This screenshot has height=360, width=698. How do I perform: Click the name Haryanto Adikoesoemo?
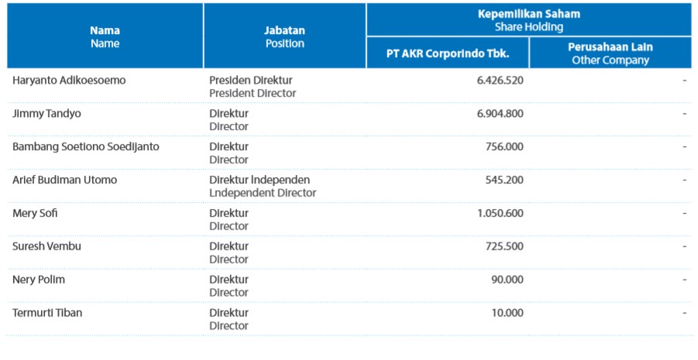(x=69, y=81)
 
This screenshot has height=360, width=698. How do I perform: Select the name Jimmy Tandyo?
(x=46, y=114)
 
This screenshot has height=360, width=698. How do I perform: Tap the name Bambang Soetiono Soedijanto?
(x=86, y=147)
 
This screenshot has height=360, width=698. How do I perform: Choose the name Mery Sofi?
(x=35, y=214)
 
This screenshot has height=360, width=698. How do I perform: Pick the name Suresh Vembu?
(x=46, y=247)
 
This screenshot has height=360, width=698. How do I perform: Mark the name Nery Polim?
(x=39, y=280)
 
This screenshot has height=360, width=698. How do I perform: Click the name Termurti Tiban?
(x=47, y=314)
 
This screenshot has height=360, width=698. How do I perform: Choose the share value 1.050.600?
(x=497, y=214)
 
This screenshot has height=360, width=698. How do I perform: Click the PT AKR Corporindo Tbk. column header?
(x=448, y=53)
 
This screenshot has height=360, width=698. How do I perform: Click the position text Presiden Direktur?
(x=251, y=81)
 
